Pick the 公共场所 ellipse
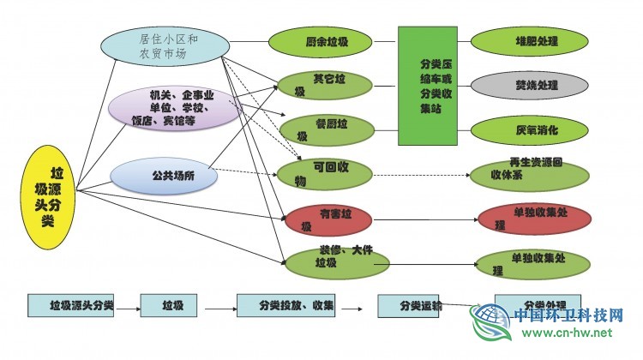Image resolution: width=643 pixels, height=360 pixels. click(163, 176)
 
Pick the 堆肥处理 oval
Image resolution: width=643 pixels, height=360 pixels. click(528, 40)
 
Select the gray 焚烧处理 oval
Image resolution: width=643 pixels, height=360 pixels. click(528, 85)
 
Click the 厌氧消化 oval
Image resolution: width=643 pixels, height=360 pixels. click(528, 130)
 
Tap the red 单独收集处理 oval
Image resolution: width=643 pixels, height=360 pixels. click(533, 219)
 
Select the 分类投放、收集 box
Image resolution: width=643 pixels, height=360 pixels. click(285, 305)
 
